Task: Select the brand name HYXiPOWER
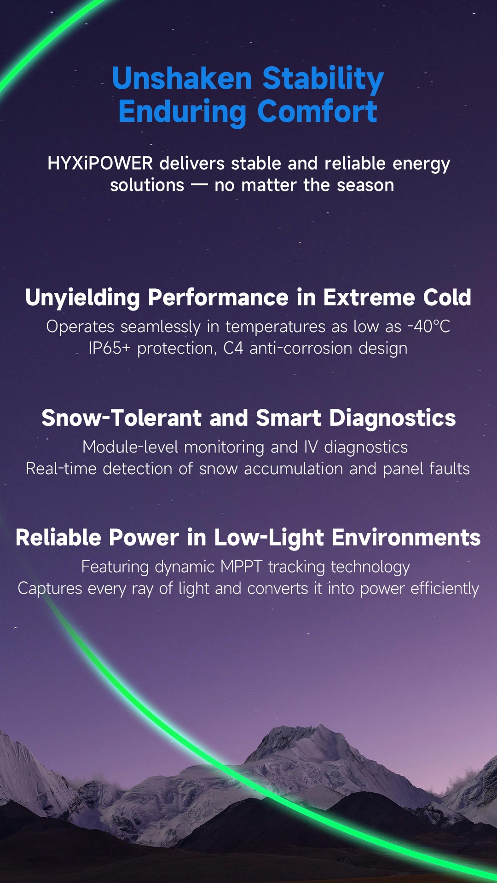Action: (x=100, y=163)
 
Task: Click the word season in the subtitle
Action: (x=365, y=185)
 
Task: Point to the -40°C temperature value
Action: (x=429, y=326)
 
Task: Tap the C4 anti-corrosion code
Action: (x=233, y=348)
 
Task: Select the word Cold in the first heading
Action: (x=447, y=297)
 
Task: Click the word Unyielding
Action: (x=83, y=298)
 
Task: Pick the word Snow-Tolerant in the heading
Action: (x=121, y=418)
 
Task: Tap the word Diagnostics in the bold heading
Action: (x=393, y=419)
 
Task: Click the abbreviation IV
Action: (x=311, y=447)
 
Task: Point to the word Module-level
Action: (x=130, y=447)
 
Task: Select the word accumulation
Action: (x=294, y=469)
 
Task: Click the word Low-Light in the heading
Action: (x=269, y=538)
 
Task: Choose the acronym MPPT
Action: (x=241, y=567)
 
